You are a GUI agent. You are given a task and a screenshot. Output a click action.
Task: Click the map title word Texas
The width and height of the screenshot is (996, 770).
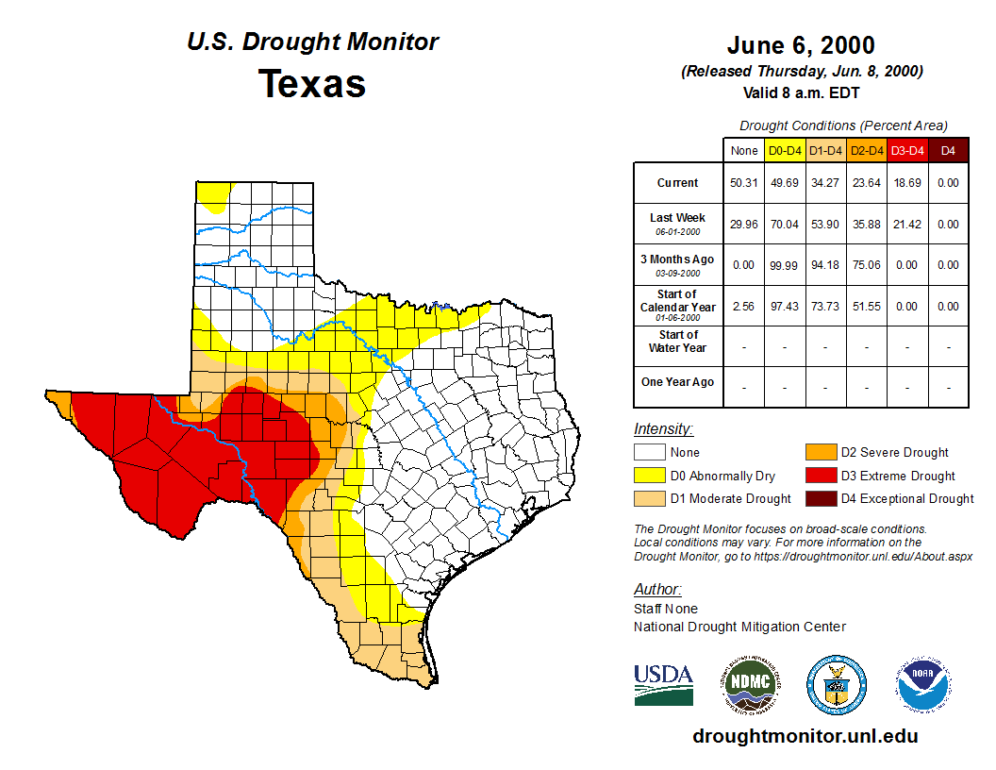(312, 84)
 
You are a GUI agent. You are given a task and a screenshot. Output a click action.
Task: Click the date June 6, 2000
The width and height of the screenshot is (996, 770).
(801, 45)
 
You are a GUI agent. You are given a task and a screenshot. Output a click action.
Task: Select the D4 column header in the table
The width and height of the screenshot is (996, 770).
(948, 150)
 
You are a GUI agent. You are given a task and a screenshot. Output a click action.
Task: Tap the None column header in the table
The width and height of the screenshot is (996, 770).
(743, 150)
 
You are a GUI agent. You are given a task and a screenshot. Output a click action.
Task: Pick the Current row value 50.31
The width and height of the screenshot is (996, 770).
(743, 183)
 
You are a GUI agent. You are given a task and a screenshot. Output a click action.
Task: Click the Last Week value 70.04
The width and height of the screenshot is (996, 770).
(784, 225)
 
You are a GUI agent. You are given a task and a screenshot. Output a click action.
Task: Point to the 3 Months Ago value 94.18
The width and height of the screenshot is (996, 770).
(824, 265)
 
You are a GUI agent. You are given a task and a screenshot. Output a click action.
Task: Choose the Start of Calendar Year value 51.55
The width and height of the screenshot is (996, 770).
(866, 307)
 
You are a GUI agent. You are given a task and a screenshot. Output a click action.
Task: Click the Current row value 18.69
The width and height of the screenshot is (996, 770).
(906, 183)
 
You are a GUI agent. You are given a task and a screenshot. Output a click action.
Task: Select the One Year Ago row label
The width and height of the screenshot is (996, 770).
(677, 382)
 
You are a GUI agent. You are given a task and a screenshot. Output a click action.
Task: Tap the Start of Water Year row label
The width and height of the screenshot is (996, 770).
(677, 342)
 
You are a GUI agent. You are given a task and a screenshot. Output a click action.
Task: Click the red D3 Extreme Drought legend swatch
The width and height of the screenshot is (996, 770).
(820, 476)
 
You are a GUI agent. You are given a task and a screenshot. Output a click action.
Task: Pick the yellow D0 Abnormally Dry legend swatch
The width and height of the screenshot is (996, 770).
(649, 476)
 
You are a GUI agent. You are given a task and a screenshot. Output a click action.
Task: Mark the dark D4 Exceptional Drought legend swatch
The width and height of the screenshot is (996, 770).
(820, 498)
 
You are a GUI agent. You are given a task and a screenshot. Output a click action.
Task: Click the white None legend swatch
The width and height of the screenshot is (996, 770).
(649, 453)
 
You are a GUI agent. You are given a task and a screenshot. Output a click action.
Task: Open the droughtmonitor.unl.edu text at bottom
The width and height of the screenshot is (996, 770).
(805, 736)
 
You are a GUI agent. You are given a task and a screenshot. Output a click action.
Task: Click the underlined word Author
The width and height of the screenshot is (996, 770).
(656, 590)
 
